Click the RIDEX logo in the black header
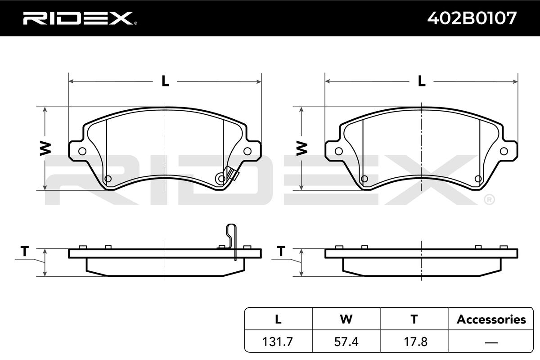[x=80, y=18]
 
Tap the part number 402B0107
[x=472, y=18]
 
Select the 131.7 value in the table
[x=278, y=342]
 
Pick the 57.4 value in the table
[x=346, y=342]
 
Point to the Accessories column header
[x=491, y=319]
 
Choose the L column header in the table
[x=278, y=319]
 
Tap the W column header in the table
[x=346, y=319]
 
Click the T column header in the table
[x=414, y=319]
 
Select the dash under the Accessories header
[x=491, y=342]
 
